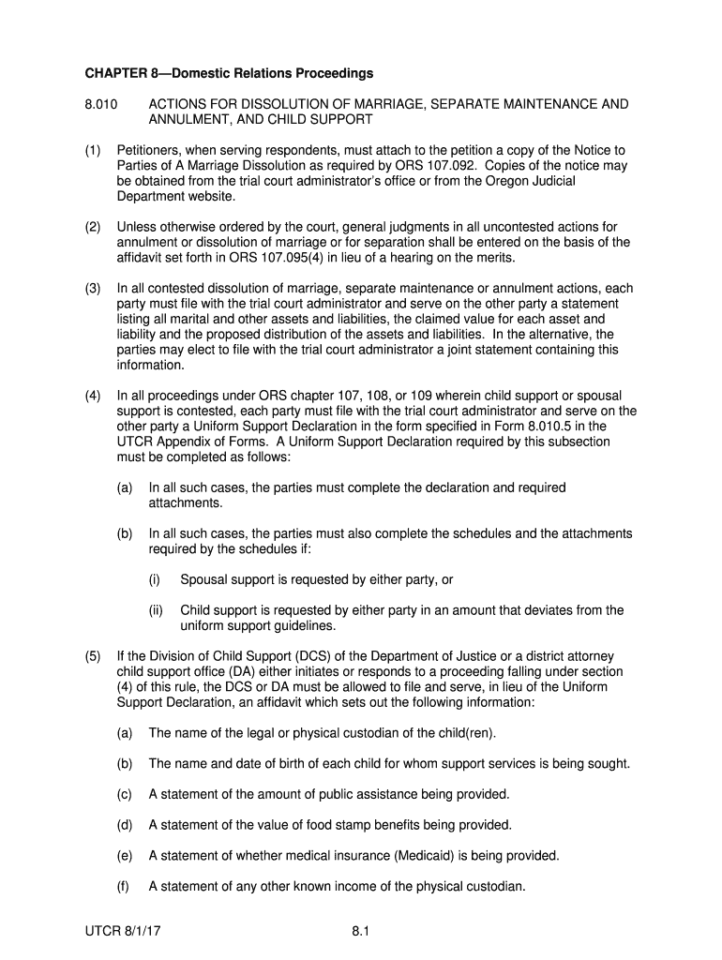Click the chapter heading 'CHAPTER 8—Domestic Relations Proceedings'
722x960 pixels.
(230, 73)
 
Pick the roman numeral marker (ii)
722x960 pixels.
(156, 610)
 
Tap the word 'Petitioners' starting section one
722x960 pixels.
(150, 150)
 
